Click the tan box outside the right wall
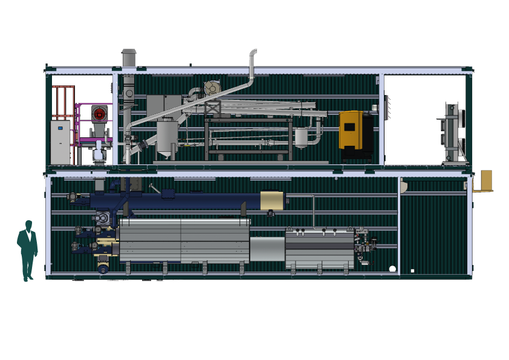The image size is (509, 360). coord(485,180)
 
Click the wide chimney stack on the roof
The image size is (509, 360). coord(129,58)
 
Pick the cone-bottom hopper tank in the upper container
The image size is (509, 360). coord(166,137)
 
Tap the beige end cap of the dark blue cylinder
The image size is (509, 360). coord(271,200)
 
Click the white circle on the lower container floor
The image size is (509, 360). coord(392,269)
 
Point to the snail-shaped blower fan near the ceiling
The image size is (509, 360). coord(212,88)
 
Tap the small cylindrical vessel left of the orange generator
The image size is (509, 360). coord(300,136)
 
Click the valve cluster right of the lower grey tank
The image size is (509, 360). coord(365,246)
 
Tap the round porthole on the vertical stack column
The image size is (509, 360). coord(128,93)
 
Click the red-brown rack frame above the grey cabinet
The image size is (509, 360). coord(64,102)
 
